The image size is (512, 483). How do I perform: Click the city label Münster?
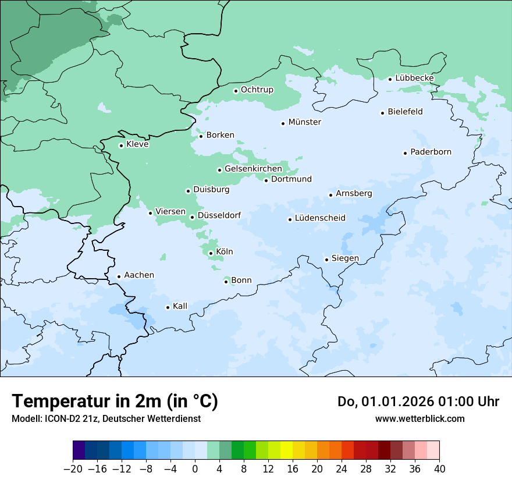click(x=304, y=122)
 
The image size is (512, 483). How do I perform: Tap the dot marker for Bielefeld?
click(x=383, y=113)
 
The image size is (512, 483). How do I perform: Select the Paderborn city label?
click(x=431, y=152)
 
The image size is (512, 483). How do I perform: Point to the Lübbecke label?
click(x=414, y=78)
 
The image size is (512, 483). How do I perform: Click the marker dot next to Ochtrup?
click(x=236, y=91)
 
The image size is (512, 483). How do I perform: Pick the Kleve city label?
click(x=137, y=144)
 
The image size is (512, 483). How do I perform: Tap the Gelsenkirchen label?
click(x=253, y=169)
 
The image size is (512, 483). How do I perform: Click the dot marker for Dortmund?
click(x=266, y=180)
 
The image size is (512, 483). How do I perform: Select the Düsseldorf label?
click(x=219, y=215)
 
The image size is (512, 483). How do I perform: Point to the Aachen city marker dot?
click(x=119, y=277)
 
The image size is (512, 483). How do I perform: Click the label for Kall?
click(x=180, y=306)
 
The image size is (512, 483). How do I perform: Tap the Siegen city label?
click(x=345, y=258)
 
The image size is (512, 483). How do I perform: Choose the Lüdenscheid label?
click(x=320, y=218)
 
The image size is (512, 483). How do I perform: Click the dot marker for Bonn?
click(x=226, y=282)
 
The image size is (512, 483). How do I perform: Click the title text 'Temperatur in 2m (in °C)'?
click(x=115, y=401)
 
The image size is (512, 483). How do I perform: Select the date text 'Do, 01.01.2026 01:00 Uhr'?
click(x=418, y=402)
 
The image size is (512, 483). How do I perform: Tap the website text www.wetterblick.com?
click(x=419, y=418)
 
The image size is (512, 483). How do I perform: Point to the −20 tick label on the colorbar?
click(x=73, y=469)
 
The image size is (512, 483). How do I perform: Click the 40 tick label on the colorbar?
click(x=439, y=469)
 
